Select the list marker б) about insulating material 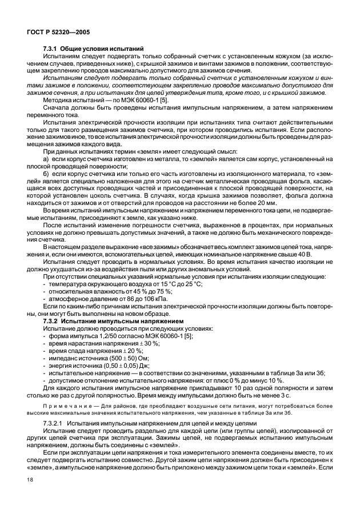[46, 173]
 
